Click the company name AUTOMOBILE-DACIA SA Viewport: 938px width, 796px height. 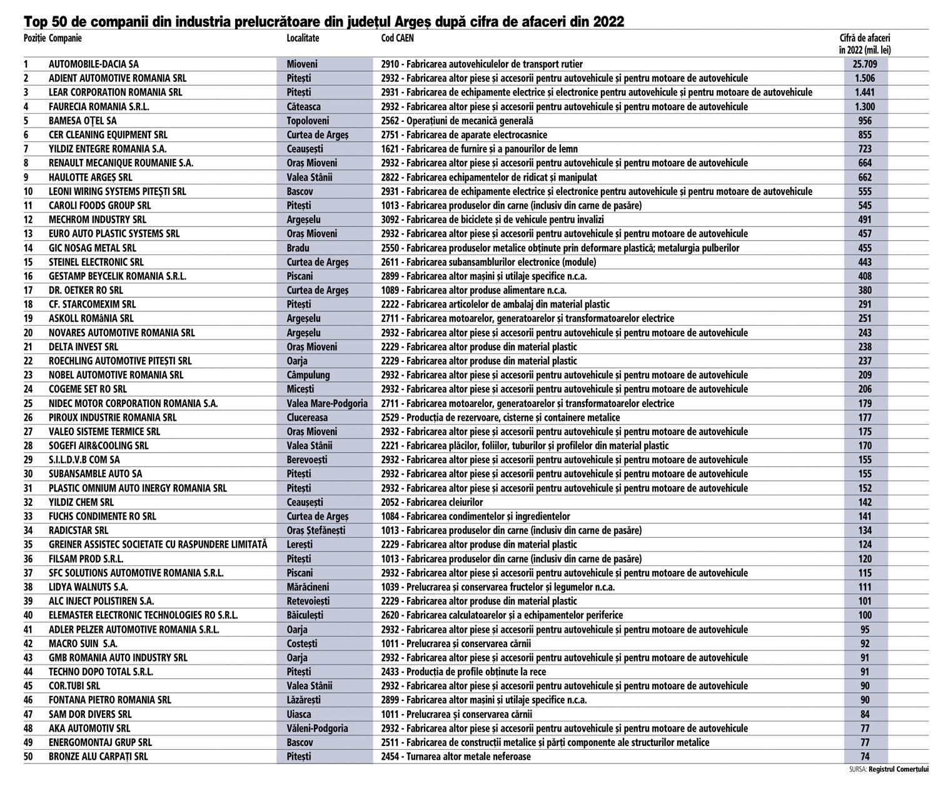coord(94,64)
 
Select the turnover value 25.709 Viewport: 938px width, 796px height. coord(865,64)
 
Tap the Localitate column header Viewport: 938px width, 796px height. coord(303,38)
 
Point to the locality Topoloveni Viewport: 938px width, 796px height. coord(308,121)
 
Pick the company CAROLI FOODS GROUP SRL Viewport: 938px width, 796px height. coord(100,205)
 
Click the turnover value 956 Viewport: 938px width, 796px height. coord(865,121)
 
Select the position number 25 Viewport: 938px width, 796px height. coord(28,403)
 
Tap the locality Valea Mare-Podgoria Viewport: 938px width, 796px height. coord(327,403)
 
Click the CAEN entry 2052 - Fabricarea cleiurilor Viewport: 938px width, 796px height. coord(431,502)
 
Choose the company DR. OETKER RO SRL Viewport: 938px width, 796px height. coord(86,290)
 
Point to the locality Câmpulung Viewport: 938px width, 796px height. coord(308,375)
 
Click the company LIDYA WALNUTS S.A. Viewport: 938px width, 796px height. coord(88,587)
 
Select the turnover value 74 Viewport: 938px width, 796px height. coord(865,757)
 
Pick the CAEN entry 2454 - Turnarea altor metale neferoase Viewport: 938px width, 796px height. coord(455,757)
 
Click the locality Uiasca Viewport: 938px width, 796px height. coord(299,714)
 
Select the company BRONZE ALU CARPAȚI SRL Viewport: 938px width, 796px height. coord(98,757)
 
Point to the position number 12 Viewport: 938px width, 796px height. coord(28,219)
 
